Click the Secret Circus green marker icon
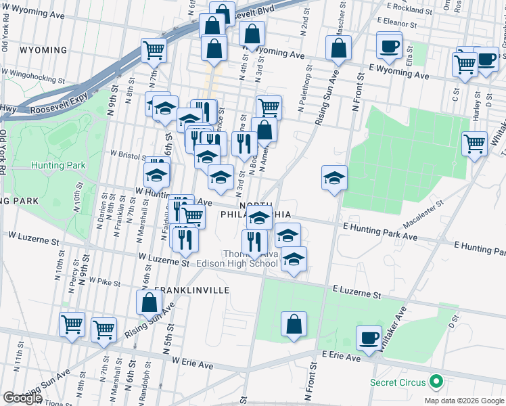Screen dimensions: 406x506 click(x=437, y=382)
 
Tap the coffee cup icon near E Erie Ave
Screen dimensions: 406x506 click(x=369, y=338)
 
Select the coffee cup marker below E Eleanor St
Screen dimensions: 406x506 click(x=389, y=46)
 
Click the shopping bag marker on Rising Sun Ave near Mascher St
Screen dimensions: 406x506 click(x=338, y=49)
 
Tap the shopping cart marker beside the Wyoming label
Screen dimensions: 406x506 click(x=154, y=50)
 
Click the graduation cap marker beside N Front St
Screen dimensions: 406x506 click(x=334, y=179)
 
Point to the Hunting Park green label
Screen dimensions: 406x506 click(x=57, y=165)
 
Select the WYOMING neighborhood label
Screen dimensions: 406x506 click(x=44, y=50)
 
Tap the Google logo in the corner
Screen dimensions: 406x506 click(x=22, y=398)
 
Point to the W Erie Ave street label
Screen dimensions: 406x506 click(x=192, y=365)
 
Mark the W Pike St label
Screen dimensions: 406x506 click(x=106, y=281)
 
